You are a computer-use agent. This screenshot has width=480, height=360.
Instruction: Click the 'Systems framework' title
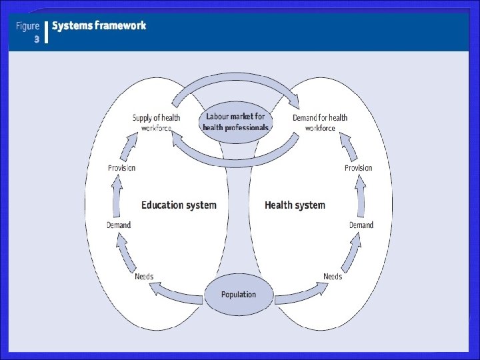pyautogui.click(x=99, y=26)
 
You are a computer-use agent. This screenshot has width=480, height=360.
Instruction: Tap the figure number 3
pyautogui.click(x=37, y=39)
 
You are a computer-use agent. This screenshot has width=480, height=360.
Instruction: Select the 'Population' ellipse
pyautogui.click(x=238, y=294)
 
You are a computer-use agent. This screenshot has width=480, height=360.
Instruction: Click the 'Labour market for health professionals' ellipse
pyautogui.click(x=236, y=122)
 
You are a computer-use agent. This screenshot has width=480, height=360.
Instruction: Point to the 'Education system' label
pyautogui.click(x=179, y=205)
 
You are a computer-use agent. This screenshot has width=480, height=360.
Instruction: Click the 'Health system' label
pyautogui.click(x=295, y=205)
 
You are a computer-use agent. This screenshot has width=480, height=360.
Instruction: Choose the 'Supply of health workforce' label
pyautogui.click(x=156, y=123)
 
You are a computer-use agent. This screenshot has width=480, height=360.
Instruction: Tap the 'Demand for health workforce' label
pyautogui.click(x=320, y=123)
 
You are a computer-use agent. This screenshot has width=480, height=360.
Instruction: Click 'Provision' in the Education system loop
pyautogui.click(x=121, y=168)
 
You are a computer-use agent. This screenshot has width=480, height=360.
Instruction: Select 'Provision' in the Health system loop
pyautogui.click(x=358, y=168)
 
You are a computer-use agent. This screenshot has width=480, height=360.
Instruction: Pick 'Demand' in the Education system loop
pyautogui.click(x=119, y=225)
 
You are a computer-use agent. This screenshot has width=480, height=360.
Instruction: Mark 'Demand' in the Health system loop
pyautogui.click(x=361, y=225)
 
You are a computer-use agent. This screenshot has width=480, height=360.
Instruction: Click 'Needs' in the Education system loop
pyautogui.click(x=144, y=276)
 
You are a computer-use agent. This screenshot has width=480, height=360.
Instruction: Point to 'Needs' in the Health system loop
pyautogui.click(x=333, y=276)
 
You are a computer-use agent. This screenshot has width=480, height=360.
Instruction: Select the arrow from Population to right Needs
pyautogui.click(x=300, y=292)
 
